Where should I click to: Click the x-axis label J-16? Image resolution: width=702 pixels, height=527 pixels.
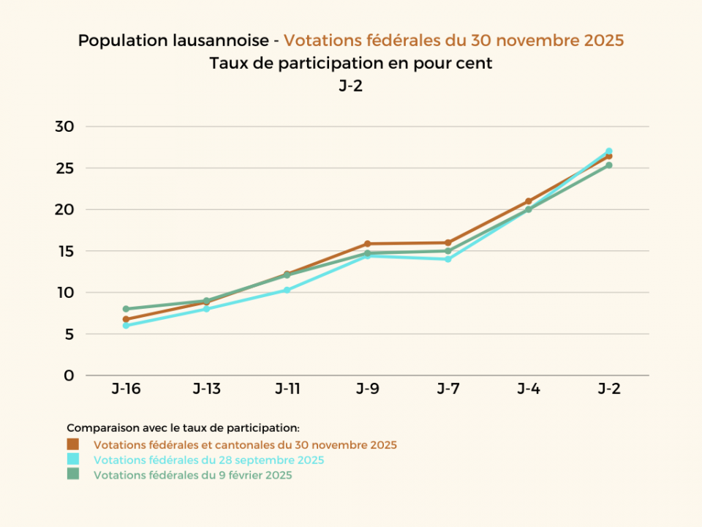126,389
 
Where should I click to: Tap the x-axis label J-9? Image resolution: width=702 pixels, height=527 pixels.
367,389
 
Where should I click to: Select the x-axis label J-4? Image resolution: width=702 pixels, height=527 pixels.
528,389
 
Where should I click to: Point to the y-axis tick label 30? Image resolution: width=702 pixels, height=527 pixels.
64,127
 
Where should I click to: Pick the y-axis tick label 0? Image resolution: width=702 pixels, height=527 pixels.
69,375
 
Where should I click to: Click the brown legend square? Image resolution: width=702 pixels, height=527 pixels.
72,444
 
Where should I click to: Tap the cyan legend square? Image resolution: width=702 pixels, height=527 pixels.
72,460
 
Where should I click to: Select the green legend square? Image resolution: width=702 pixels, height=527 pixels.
72,474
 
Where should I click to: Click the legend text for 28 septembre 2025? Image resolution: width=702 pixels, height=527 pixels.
208,460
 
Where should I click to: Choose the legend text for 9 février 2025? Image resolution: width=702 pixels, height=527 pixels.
192,475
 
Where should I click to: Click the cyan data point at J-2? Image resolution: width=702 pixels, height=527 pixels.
608,152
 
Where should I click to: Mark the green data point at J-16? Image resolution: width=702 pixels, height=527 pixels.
126,309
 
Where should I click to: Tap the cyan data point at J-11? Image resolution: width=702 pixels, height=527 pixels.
287,290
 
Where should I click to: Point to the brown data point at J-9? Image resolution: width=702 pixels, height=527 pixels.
367,244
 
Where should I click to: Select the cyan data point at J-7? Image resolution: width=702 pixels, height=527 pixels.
448,259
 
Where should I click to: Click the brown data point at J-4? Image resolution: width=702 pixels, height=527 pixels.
528,201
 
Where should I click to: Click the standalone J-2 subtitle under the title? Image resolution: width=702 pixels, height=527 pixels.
351,86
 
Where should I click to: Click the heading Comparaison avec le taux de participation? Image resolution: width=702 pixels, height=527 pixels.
183,427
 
